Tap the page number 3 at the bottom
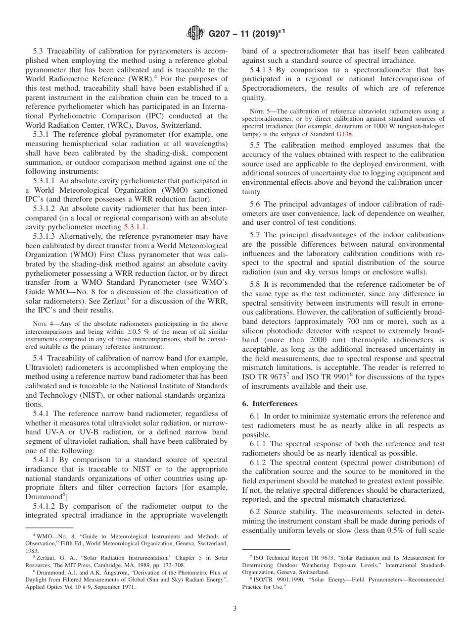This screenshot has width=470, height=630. point(235,608)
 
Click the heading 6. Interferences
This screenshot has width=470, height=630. point(270,404)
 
